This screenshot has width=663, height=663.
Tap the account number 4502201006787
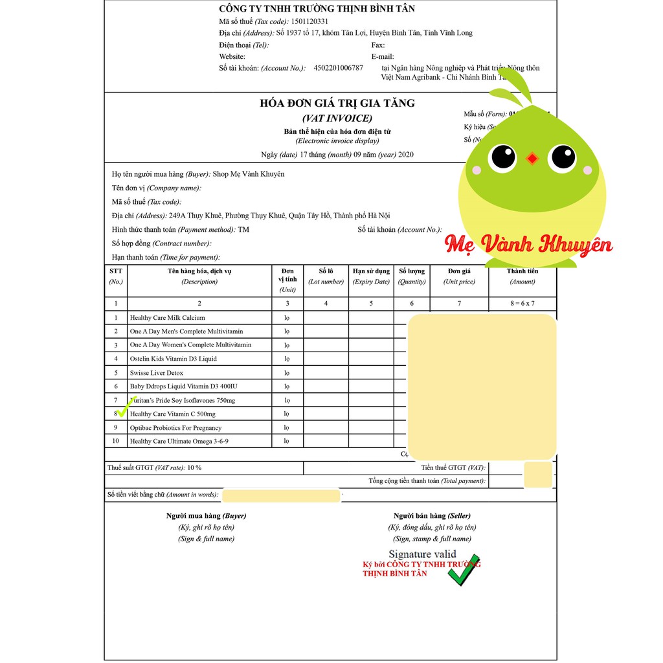pos(338,68)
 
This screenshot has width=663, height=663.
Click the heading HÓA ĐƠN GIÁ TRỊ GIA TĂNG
pos(337,104)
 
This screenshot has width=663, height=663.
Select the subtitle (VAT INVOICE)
pos(337,118)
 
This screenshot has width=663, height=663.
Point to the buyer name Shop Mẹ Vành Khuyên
pos(249,174)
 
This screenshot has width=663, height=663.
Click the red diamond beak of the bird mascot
pos(532,158)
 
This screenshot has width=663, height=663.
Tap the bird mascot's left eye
pos(502,157)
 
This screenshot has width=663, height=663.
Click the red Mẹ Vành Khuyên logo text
pos(528,245)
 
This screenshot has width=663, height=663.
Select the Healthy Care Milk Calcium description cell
pos(167,318)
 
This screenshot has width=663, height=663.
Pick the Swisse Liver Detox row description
pos(156,373)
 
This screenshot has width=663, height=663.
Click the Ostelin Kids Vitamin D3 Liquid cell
pos(173,359)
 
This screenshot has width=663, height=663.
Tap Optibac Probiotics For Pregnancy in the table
pos(175,428)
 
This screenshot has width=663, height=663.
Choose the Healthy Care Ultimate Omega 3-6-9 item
pos(179,442)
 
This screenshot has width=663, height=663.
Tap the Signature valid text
pos(422,554)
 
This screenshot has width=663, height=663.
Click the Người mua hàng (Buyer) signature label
pos(206,516)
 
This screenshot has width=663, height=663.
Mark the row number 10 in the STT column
pos(116,442)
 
